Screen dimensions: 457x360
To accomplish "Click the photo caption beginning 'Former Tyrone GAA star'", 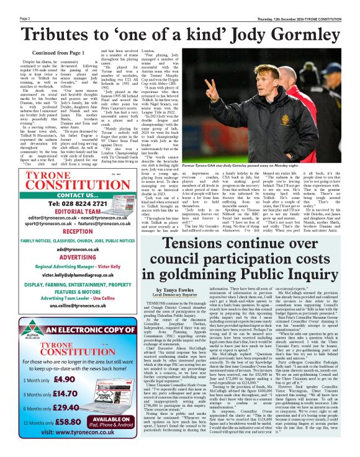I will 268,166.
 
